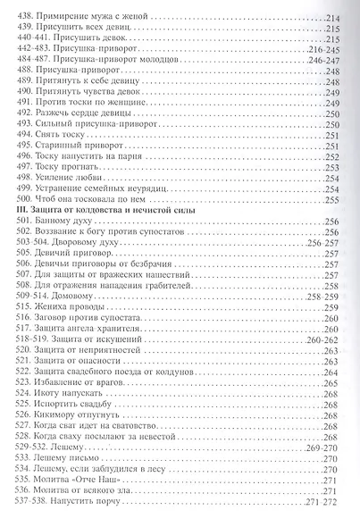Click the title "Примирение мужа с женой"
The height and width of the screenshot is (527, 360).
93,18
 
